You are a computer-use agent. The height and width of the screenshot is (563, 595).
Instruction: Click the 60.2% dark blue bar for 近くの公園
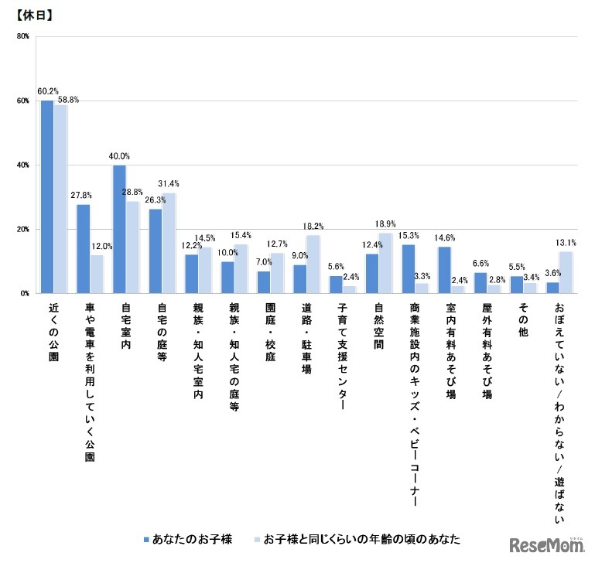(46, 197)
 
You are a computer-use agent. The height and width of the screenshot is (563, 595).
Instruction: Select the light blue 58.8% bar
(60, 200)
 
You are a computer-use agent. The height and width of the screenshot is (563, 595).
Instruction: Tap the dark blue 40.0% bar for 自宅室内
(119, 230)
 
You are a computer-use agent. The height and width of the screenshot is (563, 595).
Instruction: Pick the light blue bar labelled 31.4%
(168, 243)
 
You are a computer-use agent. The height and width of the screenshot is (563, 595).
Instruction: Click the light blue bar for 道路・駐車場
(313, 264)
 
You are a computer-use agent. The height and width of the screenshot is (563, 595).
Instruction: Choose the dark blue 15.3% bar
(408, 268)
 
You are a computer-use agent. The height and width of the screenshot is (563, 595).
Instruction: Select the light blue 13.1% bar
(566, 272)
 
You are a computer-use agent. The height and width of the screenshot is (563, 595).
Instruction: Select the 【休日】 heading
(33, 13)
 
